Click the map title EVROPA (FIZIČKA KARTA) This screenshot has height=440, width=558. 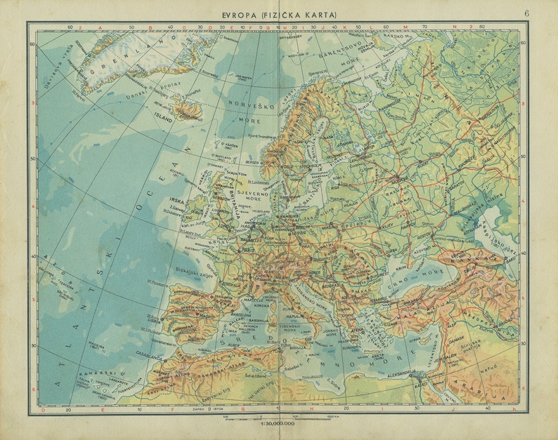[280, 13]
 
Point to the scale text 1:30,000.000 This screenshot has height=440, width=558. [278, 424]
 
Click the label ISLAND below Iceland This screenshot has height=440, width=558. [163, 119]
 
